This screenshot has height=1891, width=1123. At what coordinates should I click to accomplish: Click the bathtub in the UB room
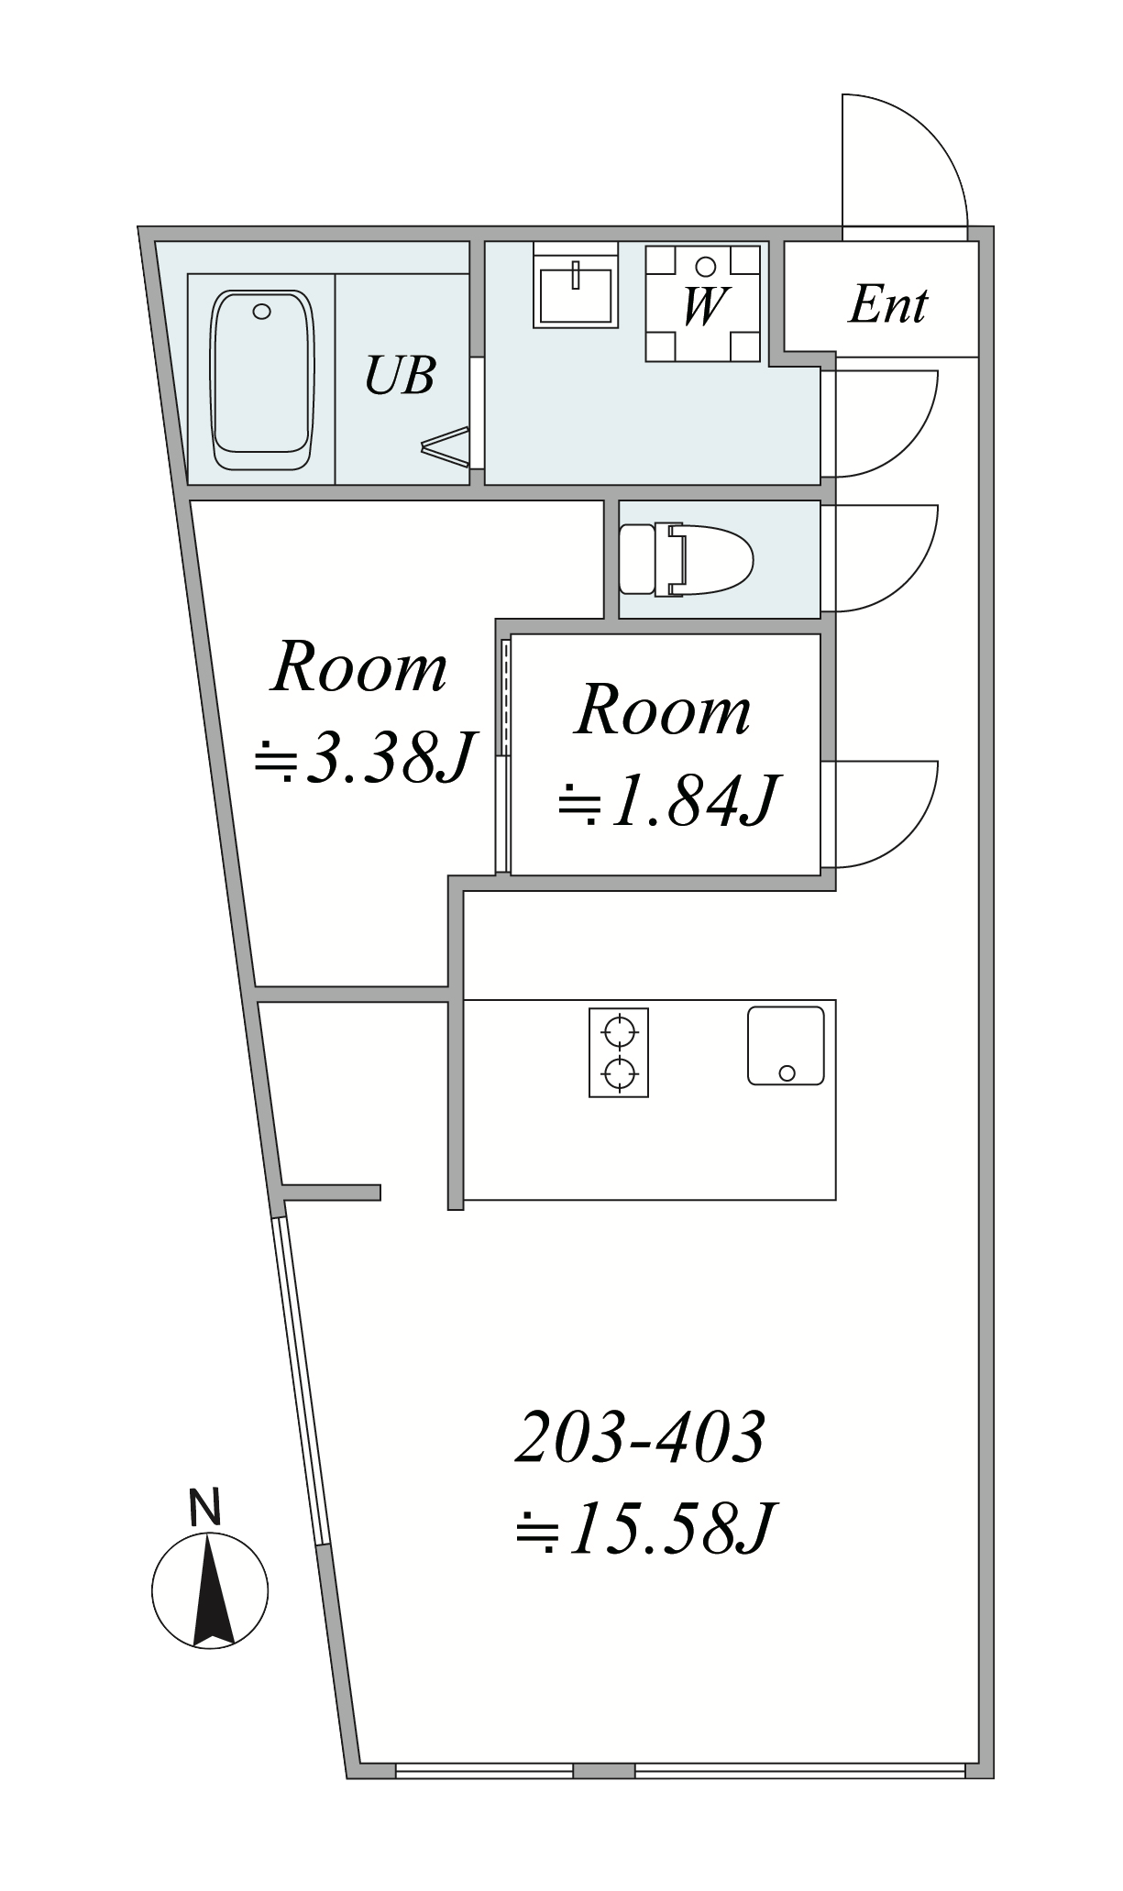click(x=262, y=380)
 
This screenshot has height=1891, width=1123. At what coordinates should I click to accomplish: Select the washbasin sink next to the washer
click(x=575, y=285)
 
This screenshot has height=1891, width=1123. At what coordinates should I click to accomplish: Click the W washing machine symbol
click(x=704, y=302)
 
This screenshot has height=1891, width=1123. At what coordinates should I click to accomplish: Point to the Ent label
click(x=888, y=305)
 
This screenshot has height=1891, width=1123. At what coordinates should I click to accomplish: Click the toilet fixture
click(x=686, y=560)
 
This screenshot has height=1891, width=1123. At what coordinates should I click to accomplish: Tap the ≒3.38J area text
click(x=363, y=757)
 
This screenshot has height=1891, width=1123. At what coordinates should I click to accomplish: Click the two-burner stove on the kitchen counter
click(x=618, y=1052)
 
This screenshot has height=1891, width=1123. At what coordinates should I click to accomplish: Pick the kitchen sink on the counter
click(x=786, y=1046)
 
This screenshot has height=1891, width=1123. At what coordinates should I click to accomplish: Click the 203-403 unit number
click(x=640, y=1438)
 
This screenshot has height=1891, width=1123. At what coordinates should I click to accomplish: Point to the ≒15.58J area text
click(x=646, y=1528)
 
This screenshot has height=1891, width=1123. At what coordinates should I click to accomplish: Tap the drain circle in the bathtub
click(x=262, y=312)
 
